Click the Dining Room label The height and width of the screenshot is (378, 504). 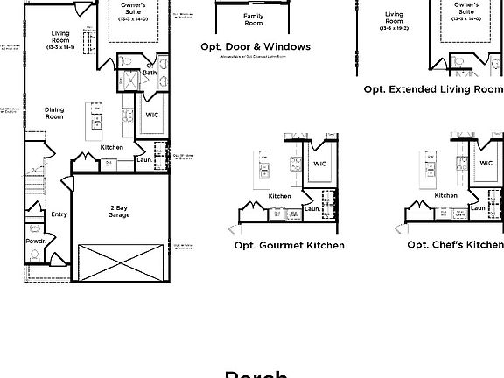54,113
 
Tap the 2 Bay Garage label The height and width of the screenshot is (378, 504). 119,209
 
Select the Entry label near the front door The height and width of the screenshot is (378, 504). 59,213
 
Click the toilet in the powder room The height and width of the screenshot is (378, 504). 35,255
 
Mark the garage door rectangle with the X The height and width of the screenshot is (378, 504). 119,262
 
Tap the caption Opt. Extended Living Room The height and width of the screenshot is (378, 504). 433,89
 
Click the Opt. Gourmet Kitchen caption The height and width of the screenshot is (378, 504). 289,245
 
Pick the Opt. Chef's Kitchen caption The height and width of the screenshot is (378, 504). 455,245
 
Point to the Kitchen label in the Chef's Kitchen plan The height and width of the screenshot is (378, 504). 446,196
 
